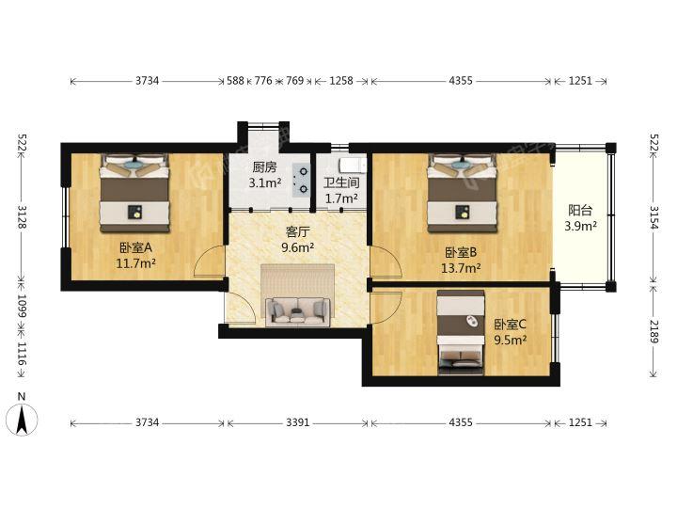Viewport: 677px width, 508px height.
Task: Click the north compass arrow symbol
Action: point(22,419)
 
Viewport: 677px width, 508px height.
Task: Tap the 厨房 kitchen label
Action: point(264,167)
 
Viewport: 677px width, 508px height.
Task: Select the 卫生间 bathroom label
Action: point(341,183)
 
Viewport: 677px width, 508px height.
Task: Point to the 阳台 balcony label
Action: point(580,211)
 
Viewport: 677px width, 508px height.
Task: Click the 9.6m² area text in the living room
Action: point(297,247)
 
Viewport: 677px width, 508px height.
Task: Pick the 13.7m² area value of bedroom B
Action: point(461,268)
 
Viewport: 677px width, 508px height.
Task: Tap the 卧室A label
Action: point(136,247)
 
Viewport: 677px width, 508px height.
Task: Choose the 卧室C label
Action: point(510,324)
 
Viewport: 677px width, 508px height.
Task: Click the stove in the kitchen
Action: point(301,181)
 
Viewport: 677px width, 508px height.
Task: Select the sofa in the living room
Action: point(297,310)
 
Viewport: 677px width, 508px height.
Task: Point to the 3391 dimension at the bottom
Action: point(297,422)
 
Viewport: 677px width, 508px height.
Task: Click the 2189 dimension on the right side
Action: point(653,331)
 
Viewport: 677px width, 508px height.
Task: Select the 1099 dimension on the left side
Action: point(22,306)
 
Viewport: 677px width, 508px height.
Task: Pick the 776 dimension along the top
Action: point(263,81)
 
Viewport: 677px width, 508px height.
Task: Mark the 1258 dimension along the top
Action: point(341,81)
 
